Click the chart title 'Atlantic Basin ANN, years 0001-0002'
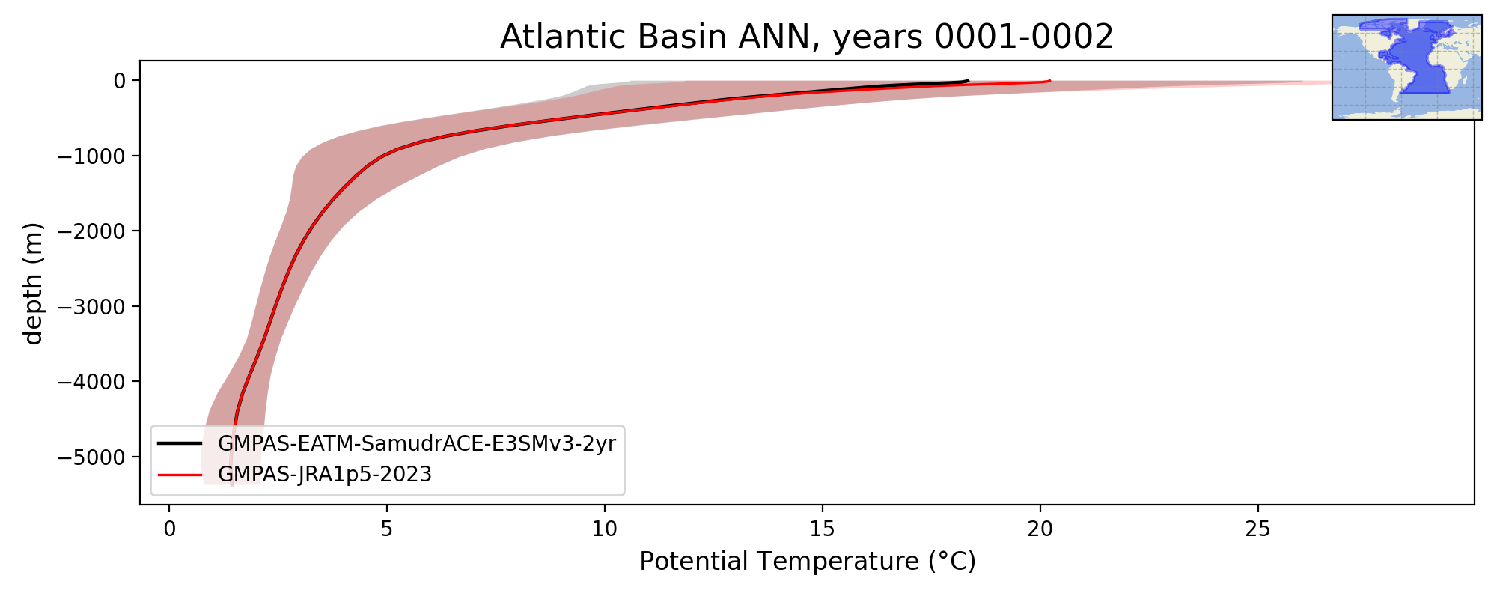807,37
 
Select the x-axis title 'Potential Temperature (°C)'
808,561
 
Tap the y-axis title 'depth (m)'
34,283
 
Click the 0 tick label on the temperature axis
169,529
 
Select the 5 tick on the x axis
387,529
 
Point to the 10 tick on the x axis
605,529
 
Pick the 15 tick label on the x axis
823,529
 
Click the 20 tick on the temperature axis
1040,529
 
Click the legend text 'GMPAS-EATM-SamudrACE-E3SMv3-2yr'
417,444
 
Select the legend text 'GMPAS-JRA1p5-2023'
325,475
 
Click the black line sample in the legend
180,443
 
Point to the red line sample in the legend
180,474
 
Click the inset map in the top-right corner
1407,67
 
